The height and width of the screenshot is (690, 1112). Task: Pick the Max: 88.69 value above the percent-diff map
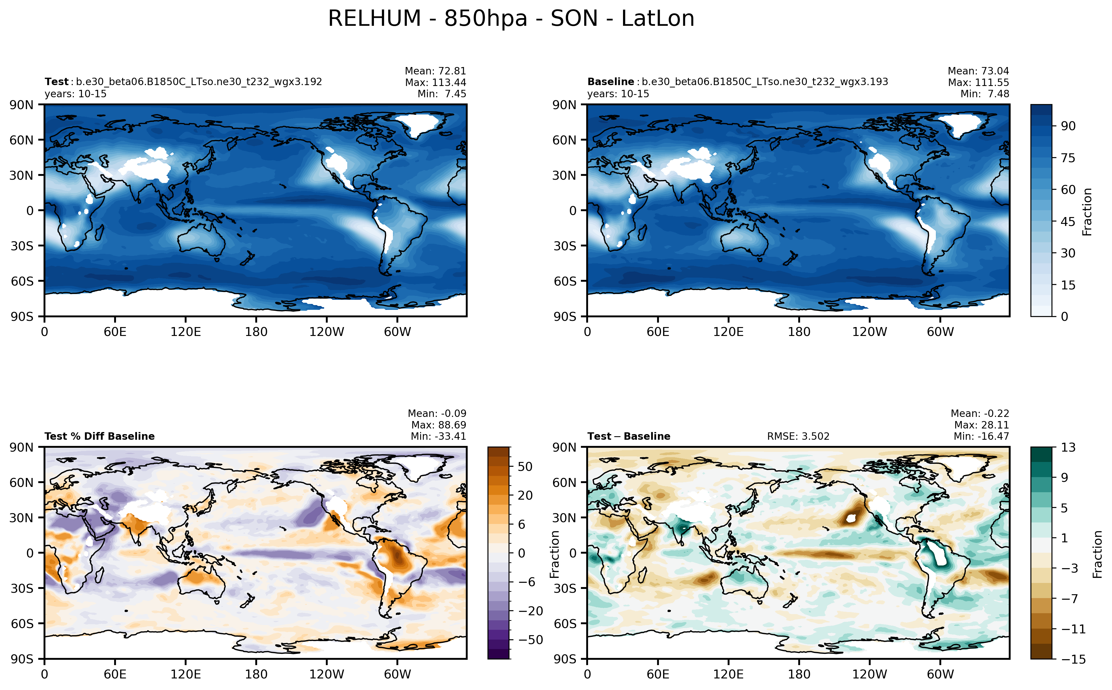439,425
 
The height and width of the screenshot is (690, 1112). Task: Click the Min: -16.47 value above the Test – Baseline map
981,436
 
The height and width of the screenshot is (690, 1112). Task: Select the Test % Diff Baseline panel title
99,436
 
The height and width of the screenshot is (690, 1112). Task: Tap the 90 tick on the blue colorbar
1068,126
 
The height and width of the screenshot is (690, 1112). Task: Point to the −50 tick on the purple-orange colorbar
530,640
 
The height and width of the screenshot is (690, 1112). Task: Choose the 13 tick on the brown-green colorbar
1068,447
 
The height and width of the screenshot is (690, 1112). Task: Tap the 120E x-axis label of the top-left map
185,332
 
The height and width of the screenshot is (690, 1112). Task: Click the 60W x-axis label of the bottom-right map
940,674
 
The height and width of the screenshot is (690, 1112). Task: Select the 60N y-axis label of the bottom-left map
21,482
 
